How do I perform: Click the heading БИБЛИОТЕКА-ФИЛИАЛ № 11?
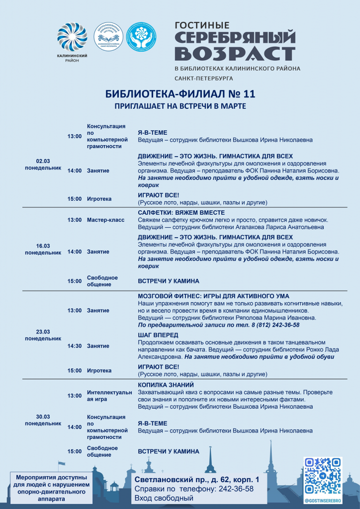pos(180,94)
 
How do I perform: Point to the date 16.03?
pos(43,246)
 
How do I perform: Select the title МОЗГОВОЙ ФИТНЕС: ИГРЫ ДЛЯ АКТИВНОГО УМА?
pos(213,296)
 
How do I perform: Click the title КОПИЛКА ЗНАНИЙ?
pos(166,385)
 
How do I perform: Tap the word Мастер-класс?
pos(105,220)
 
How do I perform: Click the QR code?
pos(323,477)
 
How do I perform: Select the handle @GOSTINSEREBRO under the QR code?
pos(323,501)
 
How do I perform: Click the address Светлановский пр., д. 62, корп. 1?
pos(197,480)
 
